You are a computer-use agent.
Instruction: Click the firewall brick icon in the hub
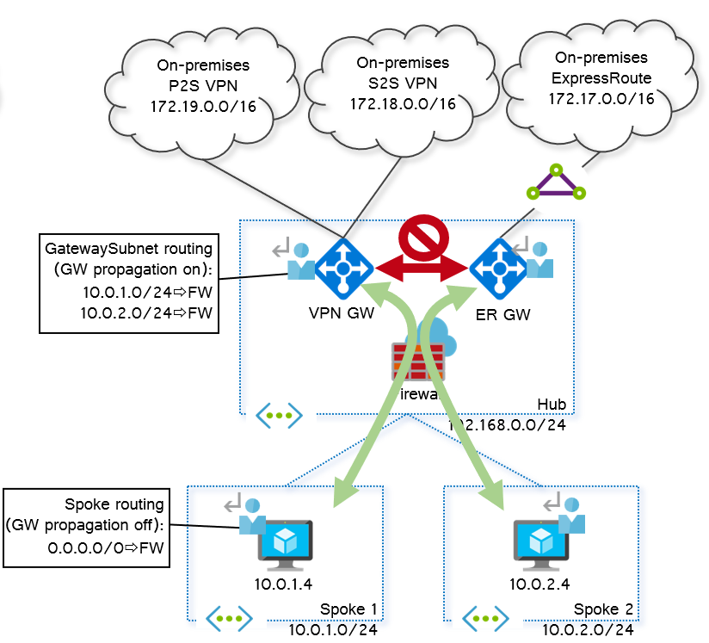(419, 361)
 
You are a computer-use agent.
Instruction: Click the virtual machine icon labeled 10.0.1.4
(283, 544)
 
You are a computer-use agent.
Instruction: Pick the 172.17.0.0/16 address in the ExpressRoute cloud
(601, 99)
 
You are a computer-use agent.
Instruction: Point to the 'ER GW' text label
(502, 315)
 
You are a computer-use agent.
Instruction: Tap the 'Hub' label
(552, 405)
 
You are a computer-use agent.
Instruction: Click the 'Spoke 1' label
(348, 609)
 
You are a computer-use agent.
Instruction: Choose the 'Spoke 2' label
(606, 609)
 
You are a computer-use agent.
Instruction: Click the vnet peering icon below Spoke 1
(228, 618)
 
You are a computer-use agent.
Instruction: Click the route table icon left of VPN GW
(293, 259)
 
